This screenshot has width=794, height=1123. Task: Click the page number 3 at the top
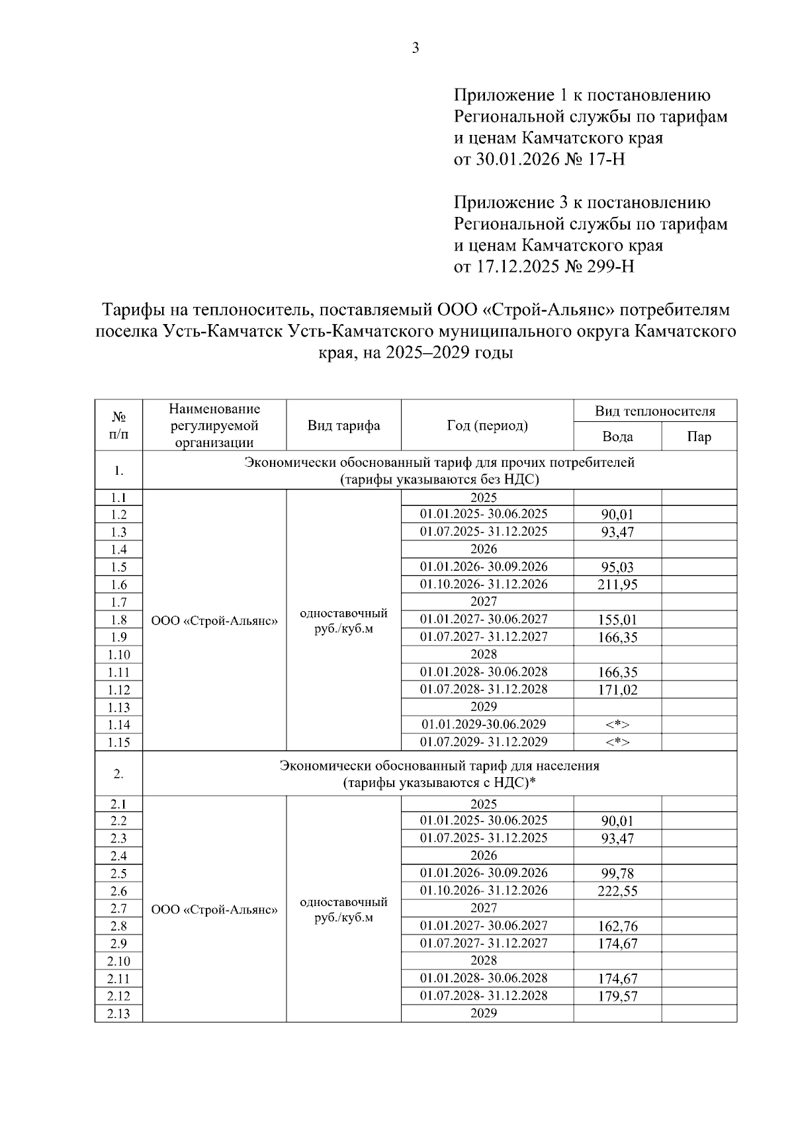pos(416,48)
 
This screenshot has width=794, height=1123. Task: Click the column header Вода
pos(617,437)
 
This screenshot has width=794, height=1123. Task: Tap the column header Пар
pos(699,437)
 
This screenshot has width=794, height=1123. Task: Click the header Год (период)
pos(487,425)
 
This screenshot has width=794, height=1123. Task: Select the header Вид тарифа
pos(343,425)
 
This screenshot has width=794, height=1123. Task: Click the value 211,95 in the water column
pos(617,585)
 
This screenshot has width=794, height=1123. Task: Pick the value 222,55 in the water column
pos(617,891)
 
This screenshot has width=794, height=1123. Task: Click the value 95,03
pos(617,567)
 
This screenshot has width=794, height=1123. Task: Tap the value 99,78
pos(617,874)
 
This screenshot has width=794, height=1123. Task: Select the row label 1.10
pos(118,655)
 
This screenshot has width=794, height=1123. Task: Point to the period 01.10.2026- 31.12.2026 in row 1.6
pos(484,584)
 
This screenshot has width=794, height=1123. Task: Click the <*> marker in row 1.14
pos(617,725)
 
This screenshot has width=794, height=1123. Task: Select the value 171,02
pos(617,690)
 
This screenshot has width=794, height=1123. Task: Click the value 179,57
pos(617,996)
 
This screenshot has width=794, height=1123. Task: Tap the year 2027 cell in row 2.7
pos(484,908)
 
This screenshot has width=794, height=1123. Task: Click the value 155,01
pos(617,620)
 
